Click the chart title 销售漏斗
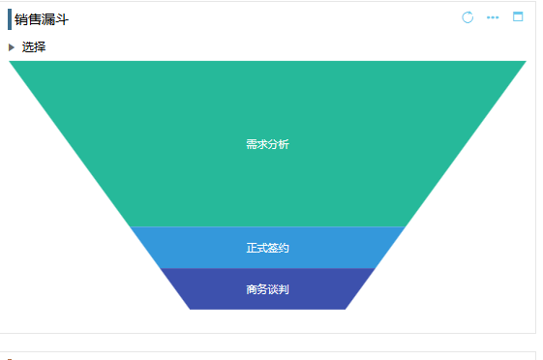coord(41,19)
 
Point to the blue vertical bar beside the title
coord(10,19)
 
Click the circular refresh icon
coord(468,17)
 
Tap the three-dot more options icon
coord(493,17)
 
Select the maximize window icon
coord(518,16)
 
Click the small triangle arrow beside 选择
coord(12,46)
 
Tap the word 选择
coord(34,46)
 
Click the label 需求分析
coord(267,145)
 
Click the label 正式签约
coord(267,249)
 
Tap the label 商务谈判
coord(267,289)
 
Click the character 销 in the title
coord(21,19)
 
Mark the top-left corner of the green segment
coord(11,62)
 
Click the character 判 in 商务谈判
coord(284,289)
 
